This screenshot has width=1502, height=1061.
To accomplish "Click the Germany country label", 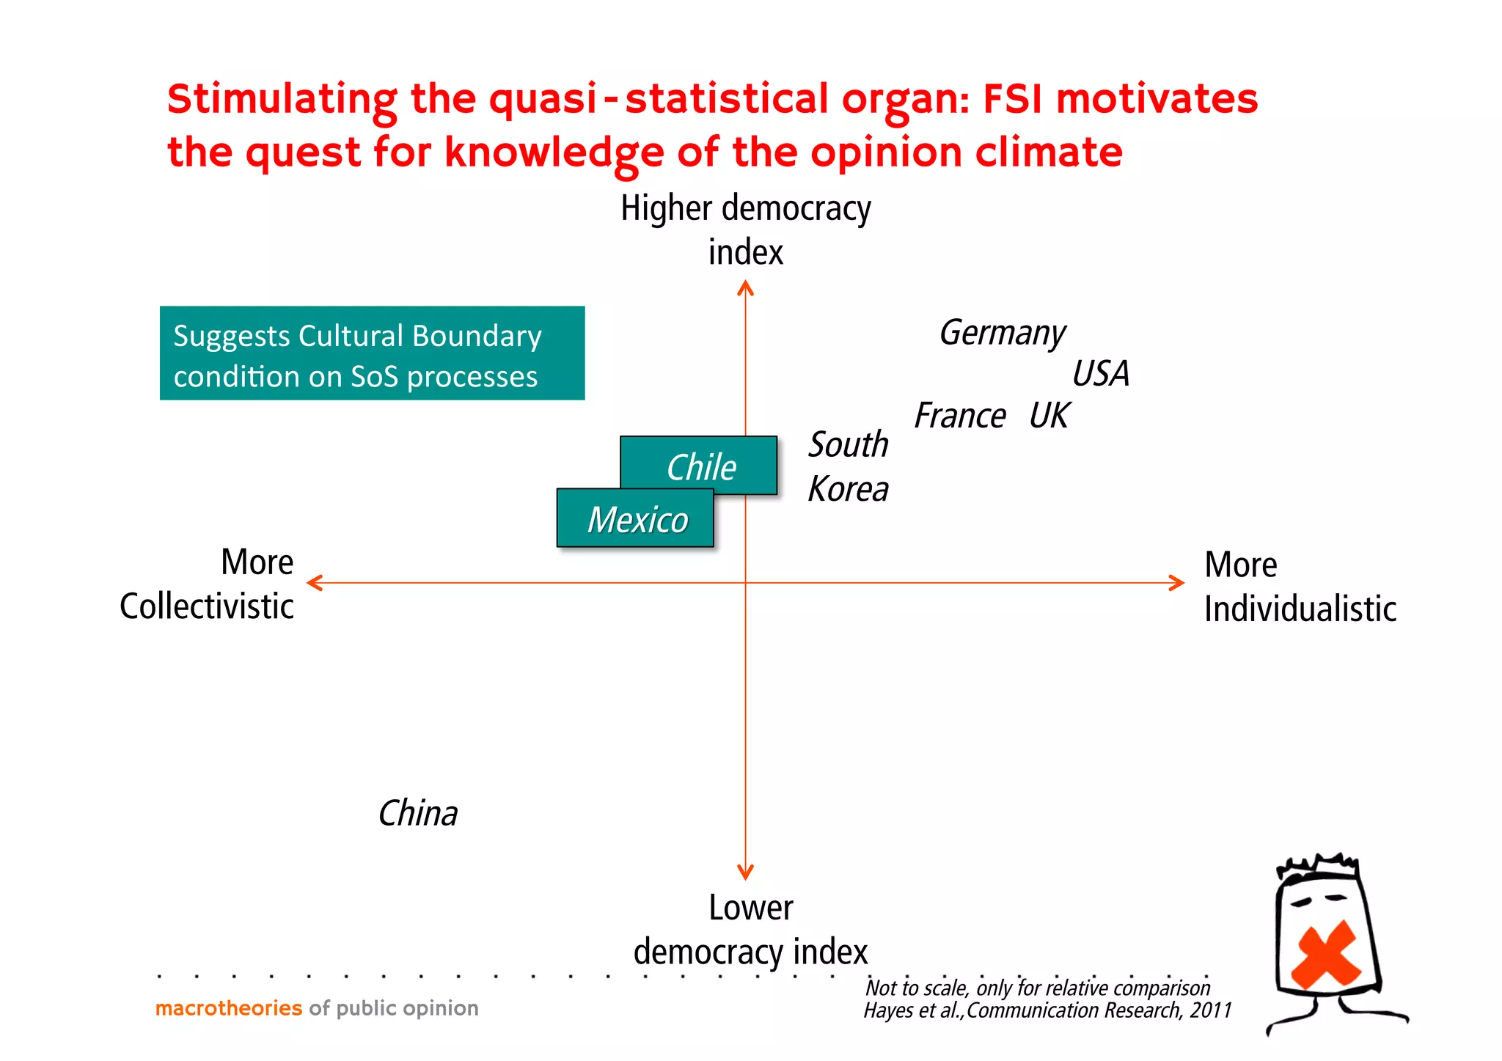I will coord(1002,334).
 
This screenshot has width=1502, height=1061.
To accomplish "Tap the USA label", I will coord(1100,374).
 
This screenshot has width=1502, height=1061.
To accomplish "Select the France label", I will coord(959,416).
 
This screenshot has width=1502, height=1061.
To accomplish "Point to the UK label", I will coord(1049,416).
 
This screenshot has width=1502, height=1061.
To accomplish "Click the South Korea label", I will coord(848,467).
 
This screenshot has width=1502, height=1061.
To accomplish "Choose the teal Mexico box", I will coord(636,519).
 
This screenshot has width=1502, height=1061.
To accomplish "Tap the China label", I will coord(417,814).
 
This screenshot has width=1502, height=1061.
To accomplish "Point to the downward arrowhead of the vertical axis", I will coord(745,873).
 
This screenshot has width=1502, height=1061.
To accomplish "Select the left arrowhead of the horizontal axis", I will coord(315,583).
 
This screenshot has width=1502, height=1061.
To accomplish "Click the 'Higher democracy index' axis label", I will coord(745,230).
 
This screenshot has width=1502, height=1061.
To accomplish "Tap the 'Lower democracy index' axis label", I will coord(750,930).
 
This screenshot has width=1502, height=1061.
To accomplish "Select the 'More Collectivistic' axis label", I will coord(208,584).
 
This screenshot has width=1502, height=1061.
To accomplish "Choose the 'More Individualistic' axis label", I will coord(1300,587).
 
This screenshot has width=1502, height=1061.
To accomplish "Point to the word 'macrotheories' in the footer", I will coord(228,1008).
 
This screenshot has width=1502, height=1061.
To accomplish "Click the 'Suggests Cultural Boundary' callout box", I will coord(372,353).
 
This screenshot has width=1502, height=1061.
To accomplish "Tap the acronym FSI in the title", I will coord(1012,100).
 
